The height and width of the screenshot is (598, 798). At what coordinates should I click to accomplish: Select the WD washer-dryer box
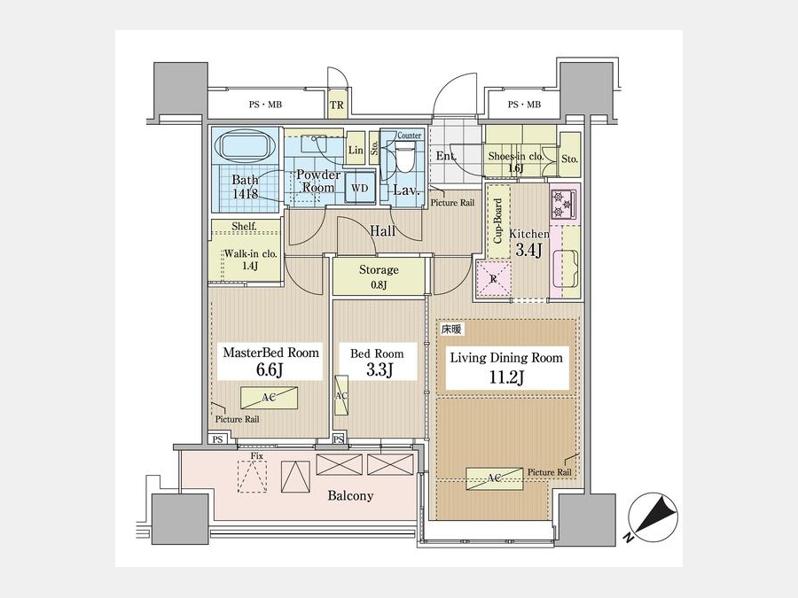click(x=359, y=188)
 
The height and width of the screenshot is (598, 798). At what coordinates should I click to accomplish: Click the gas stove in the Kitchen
click(x=563, y=204)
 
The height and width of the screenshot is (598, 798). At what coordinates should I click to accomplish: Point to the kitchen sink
click(x=566, y=268)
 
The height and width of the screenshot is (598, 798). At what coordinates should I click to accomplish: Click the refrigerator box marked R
click(x=493, y=278)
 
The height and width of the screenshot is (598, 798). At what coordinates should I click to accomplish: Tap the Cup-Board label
click(x=498, y=221)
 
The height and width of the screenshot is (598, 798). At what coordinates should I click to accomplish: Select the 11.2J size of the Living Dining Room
click(x=507, y=377)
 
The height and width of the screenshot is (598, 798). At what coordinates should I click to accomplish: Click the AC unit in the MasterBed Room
click(x=269, y=398)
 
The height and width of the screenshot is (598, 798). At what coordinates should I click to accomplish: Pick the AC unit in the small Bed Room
click(x=341, y=395)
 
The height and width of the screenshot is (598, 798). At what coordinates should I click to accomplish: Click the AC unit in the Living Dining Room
click(x=494, y=478)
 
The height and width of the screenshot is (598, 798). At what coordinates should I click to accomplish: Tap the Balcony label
click(x=350, y=495)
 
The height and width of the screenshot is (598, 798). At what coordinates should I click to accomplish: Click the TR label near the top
click(x=337, y=105)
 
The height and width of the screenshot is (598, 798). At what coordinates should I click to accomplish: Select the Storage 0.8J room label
click(x=379, y=276)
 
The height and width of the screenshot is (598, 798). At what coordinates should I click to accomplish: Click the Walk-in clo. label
click(x=250, y=253)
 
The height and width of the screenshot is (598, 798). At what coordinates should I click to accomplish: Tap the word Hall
click(x=383, y=231)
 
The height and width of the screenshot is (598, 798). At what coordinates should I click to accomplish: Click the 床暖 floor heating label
click(x=451, y=330)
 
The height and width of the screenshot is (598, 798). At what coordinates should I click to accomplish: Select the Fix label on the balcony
click(x=257, y=456)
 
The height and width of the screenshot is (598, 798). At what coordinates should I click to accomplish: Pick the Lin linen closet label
click(x=356, y=150)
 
